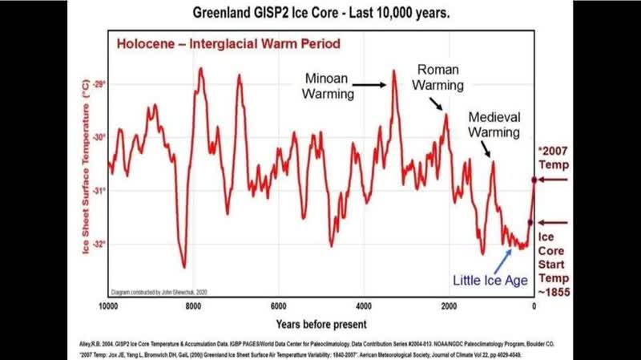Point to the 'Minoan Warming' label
pos(329,86)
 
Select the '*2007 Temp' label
pos(554,158)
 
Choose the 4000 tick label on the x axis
pos(363,305)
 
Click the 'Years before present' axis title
pos(320,324)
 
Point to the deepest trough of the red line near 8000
pos(184,267)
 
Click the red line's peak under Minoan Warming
pos(394,71)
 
